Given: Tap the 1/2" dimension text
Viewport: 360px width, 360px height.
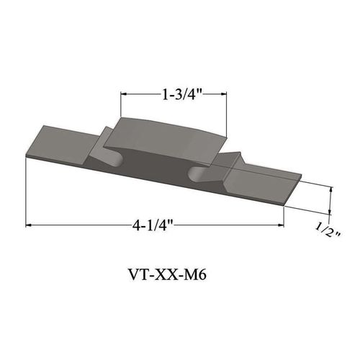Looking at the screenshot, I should pos(328,228).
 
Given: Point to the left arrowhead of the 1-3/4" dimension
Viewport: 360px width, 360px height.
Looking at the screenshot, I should pos(123,94).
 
